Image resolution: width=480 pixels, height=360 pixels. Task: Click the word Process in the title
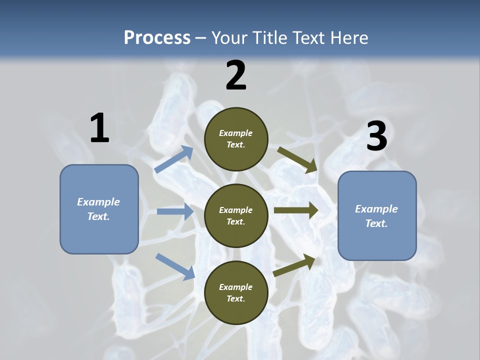coord(157,38)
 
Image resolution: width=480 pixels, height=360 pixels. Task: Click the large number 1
coord(99,128)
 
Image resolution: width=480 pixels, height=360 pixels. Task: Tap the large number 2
coord(236,75)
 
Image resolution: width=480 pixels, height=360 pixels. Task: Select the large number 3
coord(376,136)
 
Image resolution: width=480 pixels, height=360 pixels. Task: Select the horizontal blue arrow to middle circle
coord(175,211)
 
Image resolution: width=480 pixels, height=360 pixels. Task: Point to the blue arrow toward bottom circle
coord(175,266)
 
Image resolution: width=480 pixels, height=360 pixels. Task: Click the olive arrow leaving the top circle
coord(297,159)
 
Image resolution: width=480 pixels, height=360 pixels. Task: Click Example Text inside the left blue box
coord(98,209)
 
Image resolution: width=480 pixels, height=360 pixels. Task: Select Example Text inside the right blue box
coord(376,216)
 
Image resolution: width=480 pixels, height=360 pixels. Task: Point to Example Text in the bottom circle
coord(236,293)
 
